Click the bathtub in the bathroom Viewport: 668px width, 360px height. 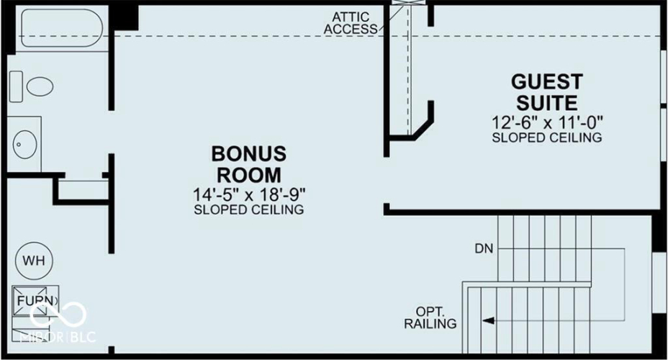(x=62, y=28)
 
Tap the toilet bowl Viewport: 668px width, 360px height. (x=40, y=86)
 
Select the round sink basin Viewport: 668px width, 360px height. (x=24, y=145)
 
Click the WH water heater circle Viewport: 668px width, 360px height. (x=34, y=261)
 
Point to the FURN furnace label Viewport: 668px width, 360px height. (x=35, y=301)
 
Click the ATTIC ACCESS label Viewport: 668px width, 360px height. (x=351, y=23)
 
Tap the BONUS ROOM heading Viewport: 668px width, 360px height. (x=249, y=164)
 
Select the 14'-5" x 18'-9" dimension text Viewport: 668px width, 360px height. (x=249, y=195)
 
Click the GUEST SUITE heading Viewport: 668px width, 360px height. (x=547, y=92)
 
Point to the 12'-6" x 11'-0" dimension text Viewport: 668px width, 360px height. (x=548, y=122)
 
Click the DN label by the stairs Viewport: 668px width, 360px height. (x=484, y=248)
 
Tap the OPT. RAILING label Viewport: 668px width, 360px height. (x=430, y=318)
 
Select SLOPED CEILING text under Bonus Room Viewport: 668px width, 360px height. (x=249, y=210)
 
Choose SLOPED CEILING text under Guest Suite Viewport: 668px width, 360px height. (x=547, y=138)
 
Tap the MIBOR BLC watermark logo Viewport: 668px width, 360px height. (x=58, y=322)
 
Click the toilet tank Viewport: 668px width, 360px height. (x=16, y=86)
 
